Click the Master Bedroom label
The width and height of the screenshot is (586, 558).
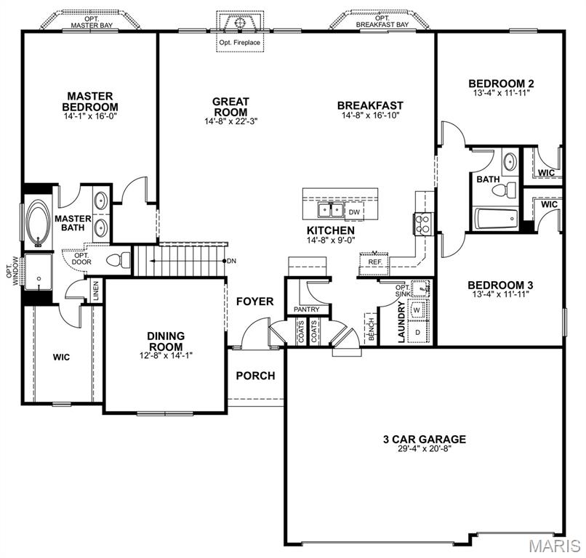pos(90,101)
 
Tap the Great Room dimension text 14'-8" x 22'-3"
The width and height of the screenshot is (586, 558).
pos(230,122)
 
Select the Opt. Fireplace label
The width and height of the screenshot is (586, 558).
pos(239,42)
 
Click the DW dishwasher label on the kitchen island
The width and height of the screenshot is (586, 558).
pos(355,211)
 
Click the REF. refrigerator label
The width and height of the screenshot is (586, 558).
pos(375,262)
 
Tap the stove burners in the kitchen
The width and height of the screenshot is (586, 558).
pos(422,223)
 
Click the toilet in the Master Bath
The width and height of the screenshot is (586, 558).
pos(118,259)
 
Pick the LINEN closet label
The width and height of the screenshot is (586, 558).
pos(95,291)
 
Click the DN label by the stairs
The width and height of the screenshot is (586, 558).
pos(231,261)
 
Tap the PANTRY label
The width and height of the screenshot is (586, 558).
pos(306,310)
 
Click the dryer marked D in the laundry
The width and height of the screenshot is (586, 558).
pos(417,332)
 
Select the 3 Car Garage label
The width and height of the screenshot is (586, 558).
pos(424,439)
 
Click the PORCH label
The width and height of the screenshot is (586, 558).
pos(255,376)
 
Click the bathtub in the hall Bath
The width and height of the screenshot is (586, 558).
pos(494,218)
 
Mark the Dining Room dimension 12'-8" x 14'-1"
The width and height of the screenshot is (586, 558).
pos(166,356)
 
